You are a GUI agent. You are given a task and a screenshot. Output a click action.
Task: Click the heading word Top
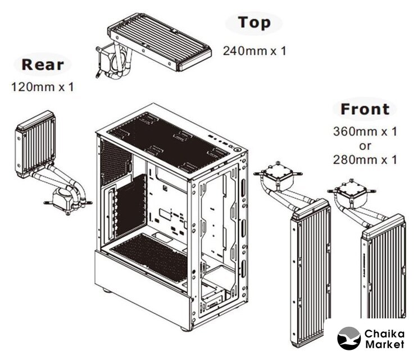[x=255, y=22]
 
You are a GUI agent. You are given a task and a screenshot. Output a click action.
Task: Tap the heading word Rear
[x=43, y=65]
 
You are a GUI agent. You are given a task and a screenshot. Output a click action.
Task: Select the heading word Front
[x=365, y=109]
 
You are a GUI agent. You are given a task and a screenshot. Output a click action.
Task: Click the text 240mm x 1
[x=255, y=51]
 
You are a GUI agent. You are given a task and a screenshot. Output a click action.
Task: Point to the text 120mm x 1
[x=43, y=87]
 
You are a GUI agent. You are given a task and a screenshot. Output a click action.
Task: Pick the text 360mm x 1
[x=365, y=131]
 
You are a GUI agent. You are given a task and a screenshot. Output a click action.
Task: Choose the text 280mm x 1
[x=365, y=160]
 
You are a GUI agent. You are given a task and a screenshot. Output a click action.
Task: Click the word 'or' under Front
[x=365, y=146]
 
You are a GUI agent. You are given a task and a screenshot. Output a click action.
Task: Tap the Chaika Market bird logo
[x=349, y=339]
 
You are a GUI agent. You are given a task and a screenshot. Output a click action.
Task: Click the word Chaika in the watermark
[x=384, y=334]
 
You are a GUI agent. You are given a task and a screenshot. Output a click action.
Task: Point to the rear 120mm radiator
[x=35, y=144]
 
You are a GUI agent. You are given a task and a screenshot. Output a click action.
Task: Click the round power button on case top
[x=237, y=150]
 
